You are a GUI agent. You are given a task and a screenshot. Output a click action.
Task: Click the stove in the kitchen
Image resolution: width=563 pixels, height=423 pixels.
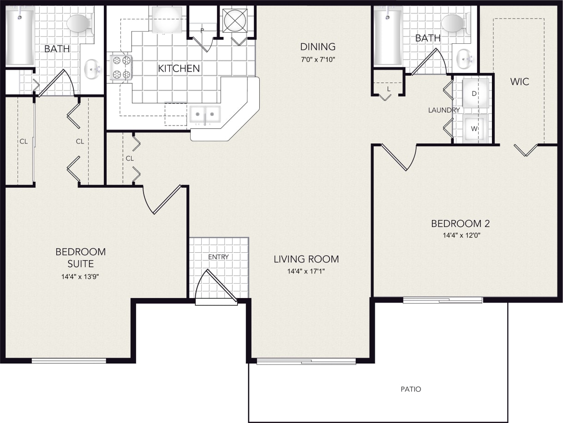[121, 68]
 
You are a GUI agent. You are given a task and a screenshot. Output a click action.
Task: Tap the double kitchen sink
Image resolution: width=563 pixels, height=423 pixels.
[204, 113]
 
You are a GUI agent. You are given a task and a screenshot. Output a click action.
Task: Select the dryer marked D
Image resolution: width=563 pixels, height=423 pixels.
[475, 93]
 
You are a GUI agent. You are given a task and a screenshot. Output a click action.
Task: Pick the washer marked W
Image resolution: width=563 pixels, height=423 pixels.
[475, 128]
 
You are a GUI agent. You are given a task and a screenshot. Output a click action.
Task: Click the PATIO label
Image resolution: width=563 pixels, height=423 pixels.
[411, 389]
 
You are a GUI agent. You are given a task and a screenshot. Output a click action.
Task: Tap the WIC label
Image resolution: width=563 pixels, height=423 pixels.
[520, 82]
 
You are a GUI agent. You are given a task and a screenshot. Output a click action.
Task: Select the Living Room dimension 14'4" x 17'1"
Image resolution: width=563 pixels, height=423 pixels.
[306, 271]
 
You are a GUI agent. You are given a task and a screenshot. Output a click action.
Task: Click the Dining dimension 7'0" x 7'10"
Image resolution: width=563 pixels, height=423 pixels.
[317, 59]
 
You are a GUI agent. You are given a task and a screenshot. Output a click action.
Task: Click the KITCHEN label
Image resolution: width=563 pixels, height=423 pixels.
[179, 69]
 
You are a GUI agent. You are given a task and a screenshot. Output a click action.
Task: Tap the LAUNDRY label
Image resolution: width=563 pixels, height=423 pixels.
[443, 110]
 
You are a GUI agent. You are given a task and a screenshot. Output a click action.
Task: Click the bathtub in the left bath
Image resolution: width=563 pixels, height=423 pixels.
[20, 36]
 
